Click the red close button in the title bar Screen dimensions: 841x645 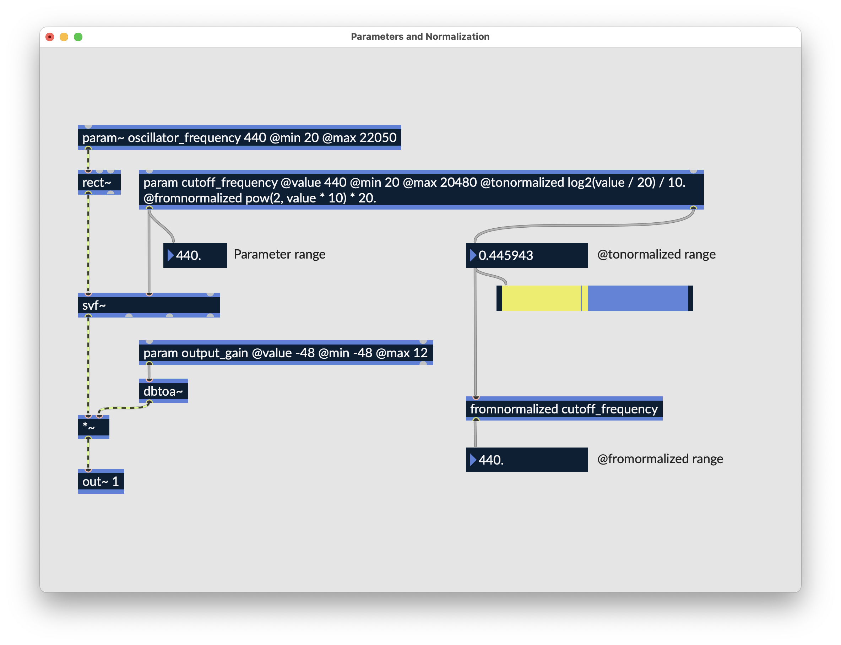point(49,37)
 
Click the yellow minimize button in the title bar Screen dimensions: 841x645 point(64,37)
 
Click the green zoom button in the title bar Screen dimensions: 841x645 point(78,37)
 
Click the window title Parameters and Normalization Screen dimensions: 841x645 point(420,37)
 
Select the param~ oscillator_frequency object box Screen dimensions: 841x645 point(239,137)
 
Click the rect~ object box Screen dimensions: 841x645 point(99,182)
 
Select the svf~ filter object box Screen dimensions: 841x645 point(149,305)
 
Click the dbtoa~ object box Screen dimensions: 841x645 point(163,391)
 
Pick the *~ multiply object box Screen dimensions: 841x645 point(94,427)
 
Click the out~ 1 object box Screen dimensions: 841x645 point(101,481)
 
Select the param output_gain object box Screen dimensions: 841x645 point(286,352)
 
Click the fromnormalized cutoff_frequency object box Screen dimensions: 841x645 point(564,408)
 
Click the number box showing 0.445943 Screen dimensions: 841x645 point(527,255)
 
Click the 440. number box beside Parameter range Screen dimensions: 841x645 point(195,255)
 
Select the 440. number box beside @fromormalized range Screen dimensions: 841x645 point(527,460)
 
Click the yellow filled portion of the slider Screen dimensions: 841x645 point(541,298)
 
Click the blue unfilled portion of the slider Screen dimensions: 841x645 point(638,298)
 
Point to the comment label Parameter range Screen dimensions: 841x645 point(280,255)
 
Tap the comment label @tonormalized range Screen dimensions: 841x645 point(656,255)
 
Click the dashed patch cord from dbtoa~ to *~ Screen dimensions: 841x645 point(124,407)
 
